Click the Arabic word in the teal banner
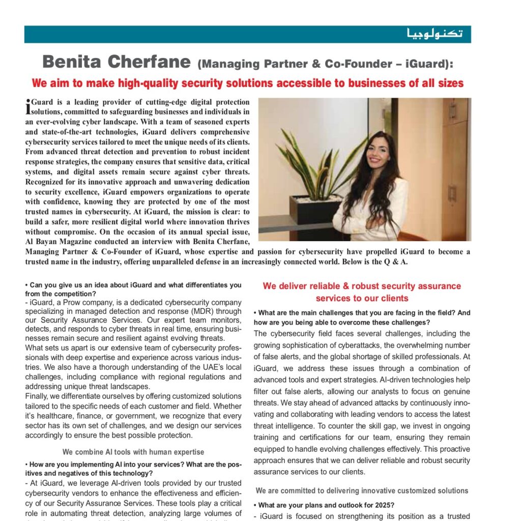point(435,34)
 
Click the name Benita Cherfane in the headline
point(118,62)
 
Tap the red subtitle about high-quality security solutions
point(247,82)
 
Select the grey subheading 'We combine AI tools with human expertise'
point(133,452)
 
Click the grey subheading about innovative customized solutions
point(362,490)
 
